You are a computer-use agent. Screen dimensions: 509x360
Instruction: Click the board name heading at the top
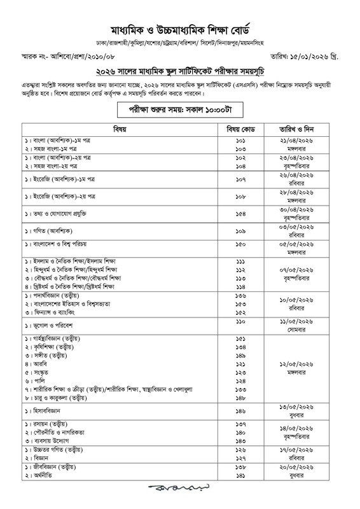click(180, 29)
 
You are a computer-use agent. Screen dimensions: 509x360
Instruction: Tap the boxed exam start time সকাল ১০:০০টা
click(180, 109)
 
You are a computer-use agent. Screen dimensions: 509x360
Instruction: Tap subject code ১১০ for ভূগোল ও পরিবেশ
click(240, 324)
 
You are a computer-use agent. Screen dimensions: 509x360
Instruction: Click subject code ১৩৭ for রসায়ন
click(240, 426)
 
